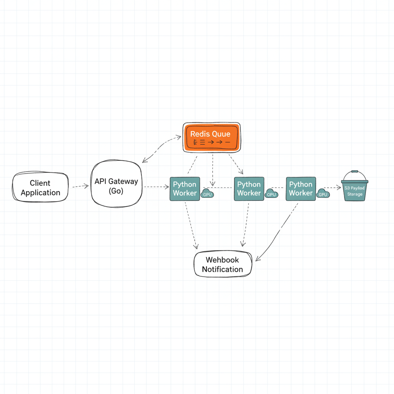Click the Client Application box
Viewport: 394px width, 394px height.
[40, 187]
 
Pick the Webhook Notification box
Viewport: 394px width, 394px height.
[223, 264]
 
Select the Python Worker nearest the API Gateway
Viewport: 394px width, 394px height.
[185, 189]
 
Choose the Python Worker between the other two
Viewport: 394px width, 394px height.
[249, 189]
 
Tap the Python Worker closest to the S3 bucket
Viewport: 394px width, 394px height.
[301, 189]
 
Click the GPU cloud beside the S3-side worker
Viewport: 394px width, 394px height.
[323, 194]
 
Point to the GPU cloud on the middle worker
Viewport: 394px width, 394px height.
[272, 194]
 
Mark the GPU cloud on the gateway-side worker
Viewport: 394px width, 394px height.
[207, 194]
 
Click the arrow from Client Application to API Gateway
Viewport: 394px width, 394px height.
[80, 187]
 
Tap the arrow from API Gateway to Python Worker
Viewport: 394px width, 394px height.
[156, 187]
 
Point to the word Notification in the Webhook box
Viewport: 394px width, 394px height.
[222, 269]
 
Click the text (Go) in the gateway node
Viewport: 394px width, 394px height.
[116, 191]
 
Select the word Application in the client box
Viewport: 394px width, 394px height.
[40, 193]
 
